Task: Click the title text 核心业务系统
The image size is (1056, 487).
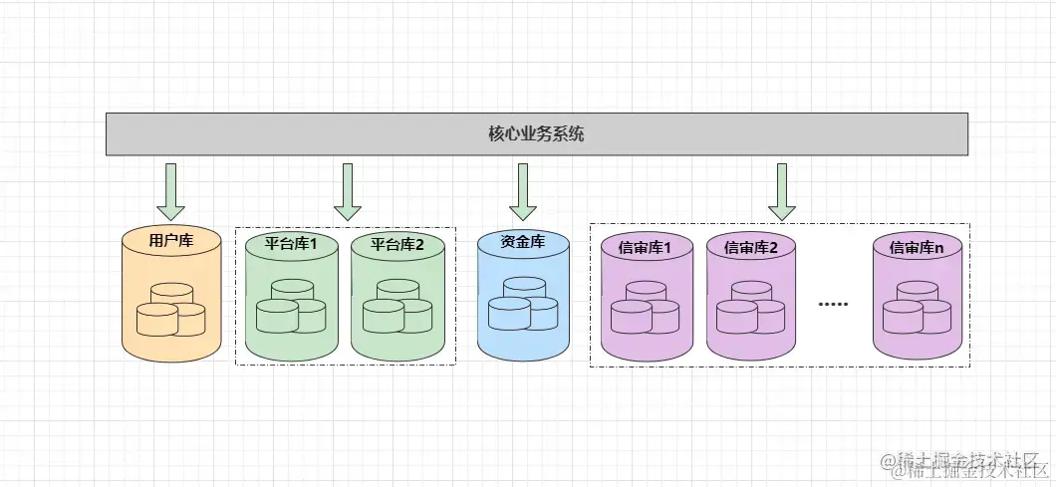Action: click(536, 134)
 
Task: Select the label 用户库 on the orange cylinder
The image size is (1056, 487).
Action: click(171, 240)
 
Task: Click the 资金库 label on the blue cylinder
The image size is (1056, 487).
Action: click(523, 241)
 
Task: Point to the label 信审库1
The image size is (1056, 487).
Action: click(645, 247)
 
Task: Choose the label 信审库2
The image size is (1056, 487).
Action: click(751, 247)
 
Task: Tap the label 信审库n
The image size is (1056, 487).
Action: click(916, 247)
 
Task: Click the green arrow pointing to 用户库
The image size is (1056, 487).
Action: click(171, 190)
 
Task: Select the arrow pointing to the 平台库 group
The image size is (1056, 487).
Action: click(348, 190)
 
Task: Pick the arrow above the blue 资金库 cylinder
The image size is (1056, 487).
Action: click(523, 190)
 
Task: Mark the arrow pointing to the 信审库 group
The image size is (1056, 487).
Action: click(782, 190)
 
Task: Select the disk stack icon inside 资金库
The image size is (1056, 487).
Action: click(523, 304)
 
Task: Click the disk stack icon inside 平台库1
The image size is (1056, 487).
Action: click(292, 307)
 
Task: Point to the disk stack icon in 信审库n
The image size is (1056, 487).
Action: click(918, 307)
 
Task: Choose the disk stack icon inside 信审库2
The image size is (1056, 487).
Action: click(751, 307)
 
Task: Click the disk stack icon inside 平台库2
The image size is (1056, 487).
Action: click(397, 307)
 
